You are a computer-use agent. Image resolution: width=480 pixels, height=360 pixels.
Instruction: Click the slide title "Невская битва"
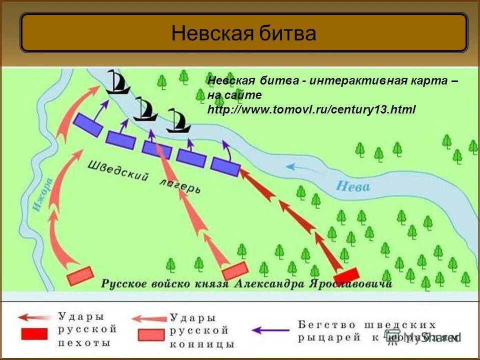click(x=243, y=33)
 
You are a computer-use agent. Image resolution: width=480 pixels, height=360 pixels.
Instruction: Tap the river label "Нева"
click(x=352, y=186)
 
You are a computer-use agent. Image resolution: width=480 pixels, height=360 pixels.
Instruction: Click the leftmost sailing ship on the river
click(x=118, y=82)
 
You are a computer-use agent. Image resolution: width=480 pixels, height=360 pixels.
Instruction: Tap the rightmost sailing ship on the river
click(x=178, y=121)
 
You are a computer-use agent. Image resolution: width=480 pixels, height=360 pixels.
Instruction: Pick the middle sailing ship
click(x=145, y=109)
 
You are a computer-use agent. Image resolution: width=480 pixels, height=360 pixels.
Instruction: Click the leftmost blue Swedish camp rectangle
click(x=88, y=125)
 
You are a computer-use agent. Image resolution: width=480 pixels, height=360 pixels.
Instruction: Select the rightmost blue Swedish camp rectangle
click(x=225, y=166)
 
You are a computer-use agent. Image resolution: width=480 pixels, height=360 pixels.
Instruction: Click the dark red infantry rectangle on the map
click(x=346, y=275)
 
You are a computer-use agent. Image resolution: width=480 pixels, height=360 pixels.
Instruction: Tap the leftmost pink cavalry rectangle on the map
click(x=80, y=275)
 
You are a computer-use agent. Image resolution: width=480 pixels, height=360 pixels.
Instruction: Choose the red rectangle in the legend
click(x=34, y=333)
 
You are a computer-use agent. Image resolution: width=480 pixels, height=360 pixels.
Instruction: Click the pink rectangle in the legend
click(x=151, y=334)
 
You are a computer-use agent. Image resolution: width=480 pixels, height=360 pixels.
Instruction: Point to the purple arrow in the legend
click(x=270, y=330)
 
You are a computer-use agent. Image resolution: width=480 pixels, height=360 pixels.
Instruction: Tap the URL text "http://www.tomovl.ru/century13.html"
click(x=311, y=109)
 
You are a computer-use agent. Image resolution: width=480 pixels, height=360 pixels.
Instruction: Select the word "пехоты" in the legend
click(x=84, y=343)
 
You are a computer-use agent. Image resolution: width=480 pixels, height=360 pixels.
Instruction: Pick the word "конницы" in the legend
click(x=201, y=344)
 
